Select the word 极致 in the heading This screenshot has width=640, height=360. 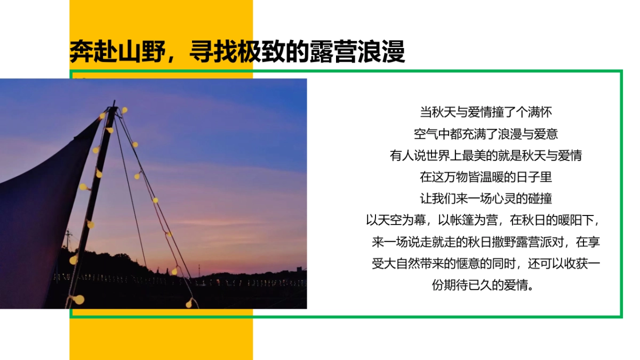click(261, 52)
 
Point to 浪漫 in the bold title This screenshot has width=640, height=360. click(381, 52)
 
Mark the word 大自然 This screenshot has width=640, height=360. click(403, 264)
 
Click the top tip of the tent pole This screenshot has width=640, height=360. click(113, 102)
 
